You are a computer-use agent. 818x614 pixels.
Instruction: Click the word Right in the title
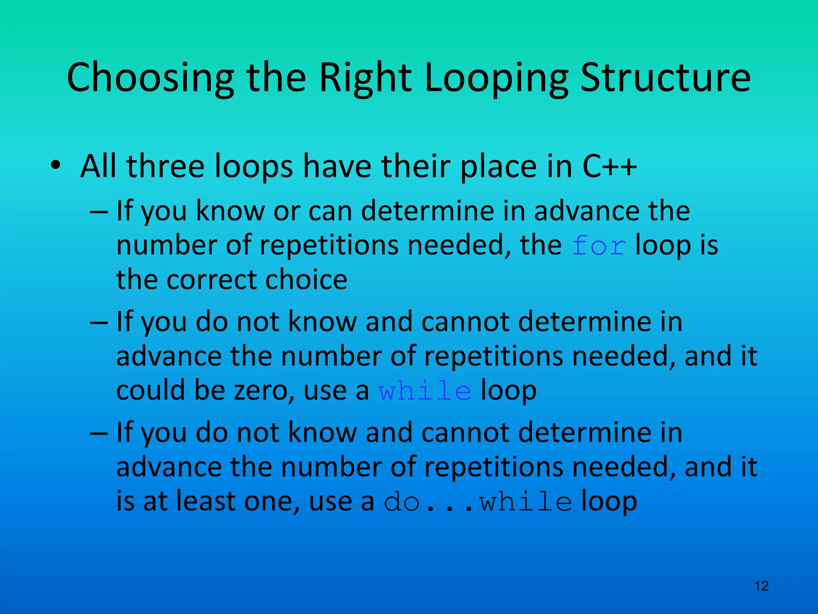coord(365,78)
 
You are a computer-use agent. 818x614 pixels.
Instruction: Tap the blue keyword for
coord(599,245)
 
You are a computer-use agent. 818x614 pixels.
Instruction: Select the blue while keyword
coord(425,391)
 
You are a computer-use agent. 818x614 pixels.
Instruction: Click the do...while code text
coord(478,502)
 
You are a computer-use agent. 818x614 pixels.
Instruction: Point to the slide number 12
coord(761,586)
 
